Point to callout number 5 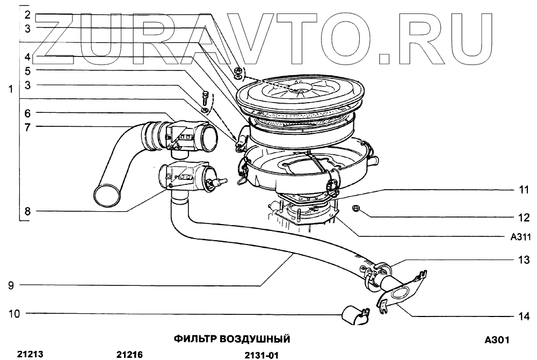tap(26, 70)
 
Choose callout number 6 tap(26, 113)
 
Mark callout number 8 tap(26, 211)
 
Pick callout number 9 tap(11, 286)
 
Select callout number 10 tap(14, 313)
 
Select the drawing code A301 tap(496, 340)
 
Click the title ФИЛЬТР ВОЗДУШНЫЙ tap(232, 339)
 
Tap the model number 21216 tap(129, 355)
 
